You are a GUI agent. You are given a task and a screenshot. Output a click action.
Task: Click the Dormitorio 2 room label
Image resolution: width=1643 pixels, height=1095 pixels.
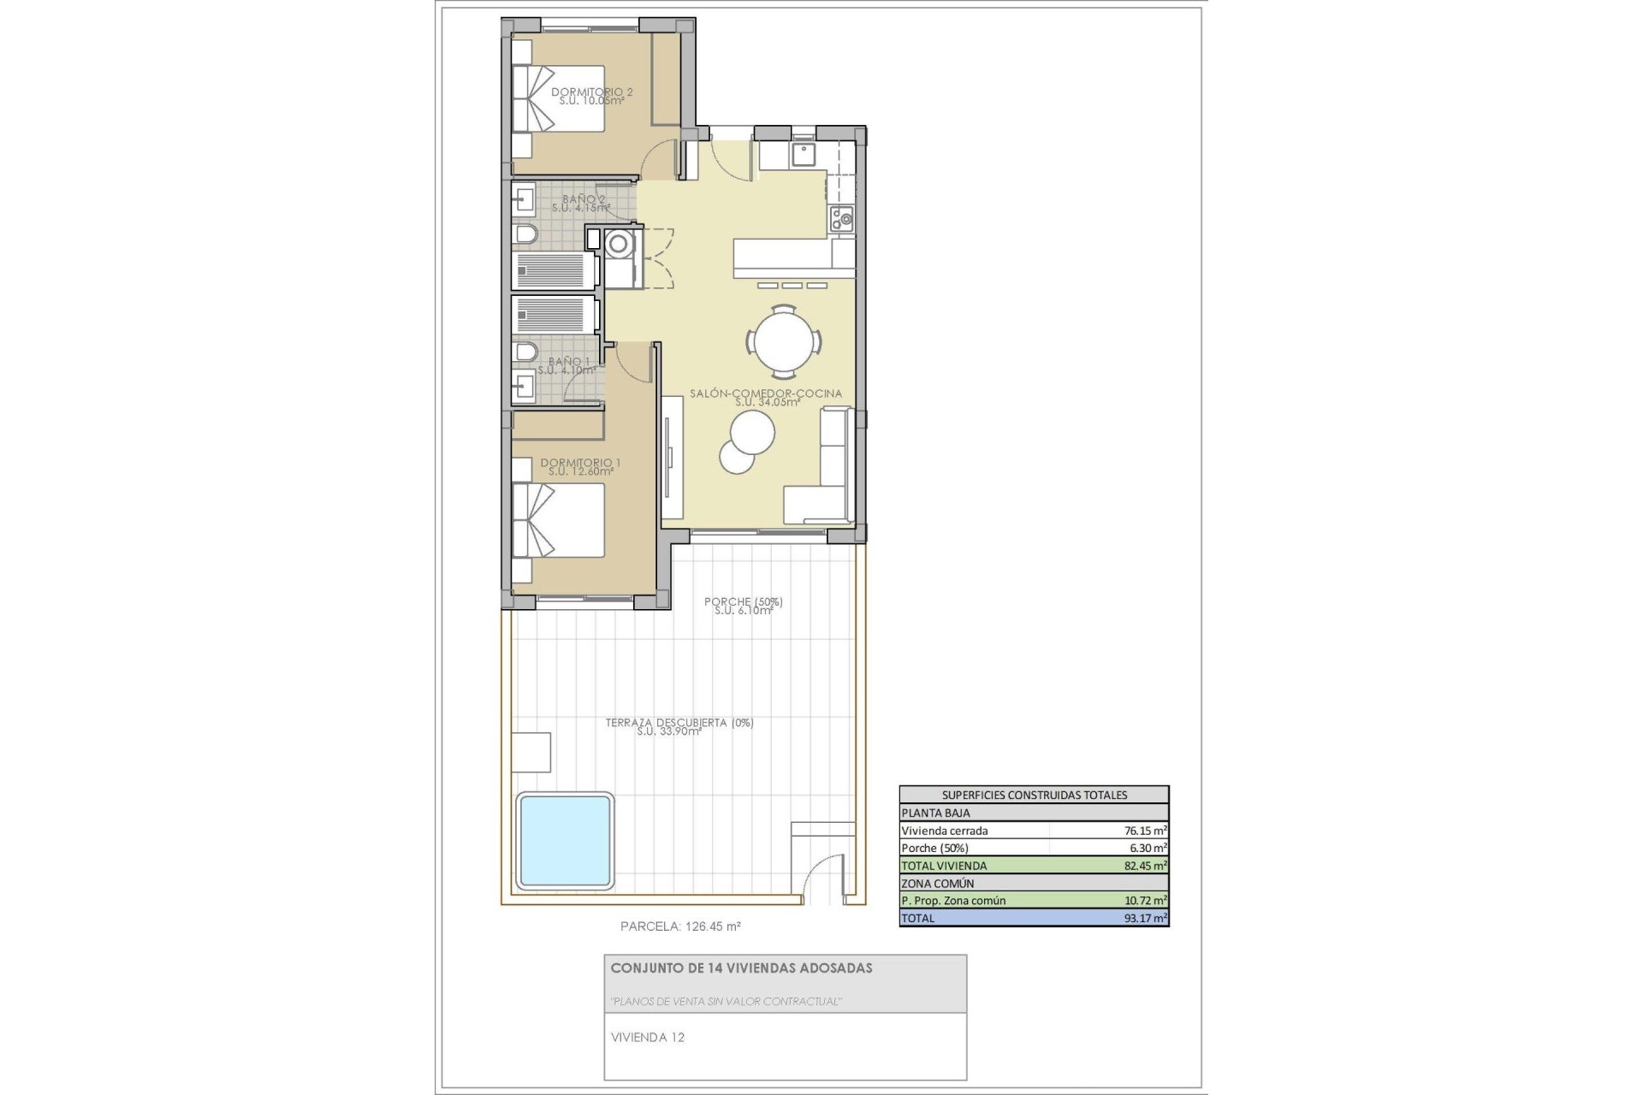click(x=591, y=92)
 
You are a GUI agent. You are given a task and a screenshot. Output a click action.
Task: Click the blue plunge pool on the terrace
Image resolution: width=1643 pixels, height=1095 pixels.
click(x=565, y=840)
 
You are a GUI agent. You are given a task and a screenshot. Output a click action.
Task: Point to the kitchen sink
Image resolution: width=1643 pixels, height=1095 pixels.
click(x=804, y=154)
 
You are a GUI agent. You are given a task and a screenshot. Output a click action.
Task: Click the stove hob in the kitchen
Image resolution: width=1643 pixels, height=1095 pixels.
click(x=841, y=219)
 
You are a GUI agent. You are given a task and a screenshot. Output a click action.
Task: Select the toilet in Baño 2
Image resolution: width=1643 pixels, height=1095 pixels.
click(x=525, y=234)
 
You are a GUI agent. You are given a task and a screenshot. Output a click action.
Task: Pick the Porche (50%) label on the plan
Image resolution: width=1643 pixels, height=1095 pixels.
click(x=743, y=602)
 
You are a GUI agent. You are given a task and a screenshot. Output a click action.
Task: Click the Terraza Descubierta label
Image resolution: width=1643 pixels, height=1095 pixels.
click(x=679, y=723)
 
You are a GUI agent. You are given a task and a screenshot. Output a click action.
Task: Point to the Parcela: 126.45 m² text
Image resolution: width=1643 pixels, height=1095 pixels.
click(x=680, y=926)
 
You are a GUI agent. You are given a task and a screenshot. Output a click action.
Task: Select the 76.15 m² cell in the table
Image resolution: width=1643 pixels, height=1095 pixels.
click(x=1145, y=830)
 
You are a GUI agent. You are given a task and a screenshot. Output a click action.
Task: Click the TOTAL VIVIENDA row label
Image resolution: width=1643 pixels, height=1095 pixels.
click(x=944, y=865)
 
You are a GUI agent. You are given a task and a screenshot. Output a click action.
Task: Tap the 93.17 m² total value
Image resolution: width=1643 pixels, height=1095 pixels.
click(x=1145, y=918)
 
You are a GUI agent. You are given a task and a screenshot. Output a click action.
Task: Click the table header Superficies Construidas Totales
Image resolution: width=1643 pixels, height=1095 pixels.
click(x=1034, y=795)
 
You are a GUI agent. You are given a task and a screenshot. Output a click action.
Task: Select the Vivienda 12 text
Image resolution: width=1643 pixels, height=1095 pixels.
click(x=648, y=1038)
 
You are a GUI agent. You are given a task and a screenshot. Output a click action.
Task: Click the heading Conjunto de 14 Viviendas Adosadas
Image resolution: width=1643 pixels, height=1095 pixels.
click(x=741, y=968)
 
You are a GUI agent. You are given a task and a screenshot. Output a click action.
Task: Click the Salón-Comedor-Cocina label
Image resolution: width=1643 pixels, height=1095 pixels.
click(x=766, y=394)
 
